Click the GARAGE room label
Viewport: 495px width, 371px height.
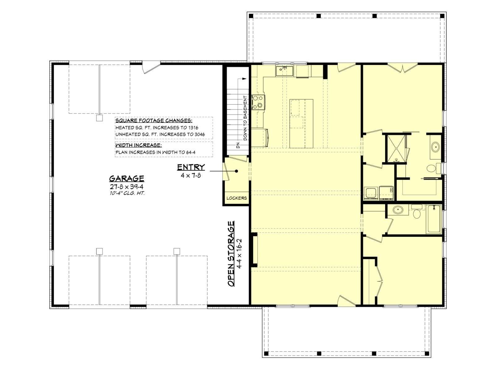(x=127, y=178)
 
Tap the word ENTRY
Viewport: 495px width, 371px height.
(x=191, y=167)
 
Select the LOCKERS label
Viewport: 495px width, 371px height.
(x=237, y=198)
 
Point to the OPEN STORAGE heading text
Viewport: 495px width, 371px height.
(x=231, y=253)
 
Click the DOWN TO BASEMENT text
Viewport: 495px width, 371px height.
(x=245, y=118)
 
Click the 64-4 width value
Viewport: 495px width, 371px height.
(x=191, y=152)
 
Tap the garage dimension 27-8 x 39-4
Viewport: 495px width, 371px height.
(x=127, y=187)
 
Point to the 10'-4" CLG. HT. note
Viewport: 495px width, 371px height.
(x=127, y=193)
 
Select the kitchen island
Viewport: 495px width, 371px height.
(x=301, y=123)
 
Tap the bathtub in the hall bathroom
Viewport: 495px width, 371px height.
(x=434, y=219)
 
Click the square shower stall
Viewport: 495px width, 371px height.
(x=396, y=148)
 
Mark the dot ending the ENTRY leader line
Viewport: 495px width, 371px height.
(x=237, y=171)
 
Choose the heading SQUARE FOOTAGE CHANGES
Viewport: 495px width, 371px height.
(x=154, y=121)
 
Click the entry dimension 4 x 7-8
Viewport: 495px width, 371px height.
(x=191, y=176)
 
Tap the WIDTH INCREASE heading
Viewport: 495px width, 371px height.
(x=139, y=145)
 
